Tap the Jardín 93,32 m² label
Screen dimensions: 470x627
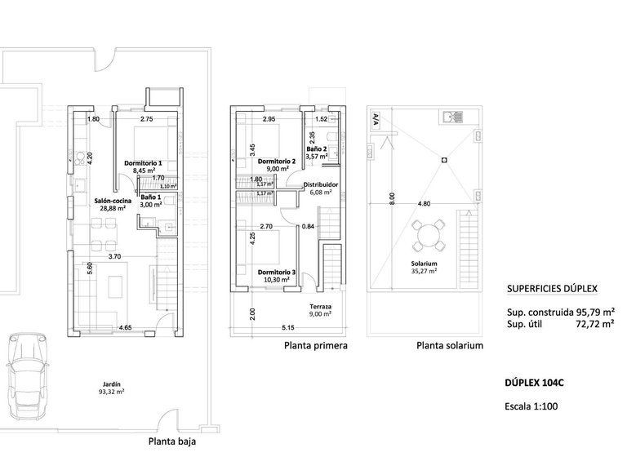coord(112,387)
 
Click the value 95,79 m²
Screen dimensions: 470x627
coord(591,312)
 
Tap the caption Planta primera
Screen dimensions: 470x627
coord(316,346)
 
